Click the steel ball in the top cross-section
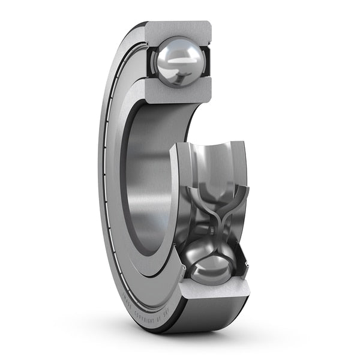(178, 62)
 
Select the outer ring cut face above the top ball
(178, 29)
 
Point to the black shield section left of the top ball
(152, 62)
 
